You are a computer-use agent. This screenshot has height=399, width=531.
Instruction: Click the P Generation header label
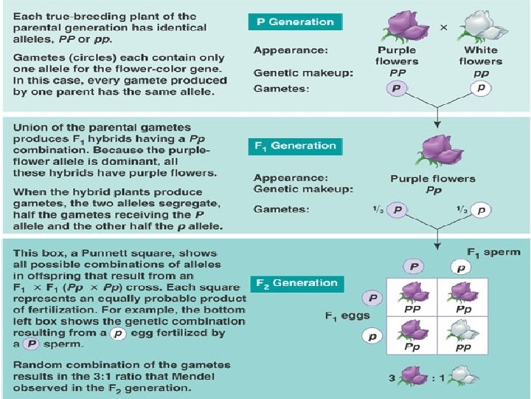pyautogui.click(x=294, y=21)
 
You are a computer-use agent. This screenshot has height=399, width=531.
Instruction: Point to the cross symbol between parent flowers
pyautogui.click(x=443, y=27)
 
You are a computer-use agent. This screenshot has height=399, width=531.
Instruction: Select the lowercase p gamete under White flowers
pyautogui.click(x=480, y=87)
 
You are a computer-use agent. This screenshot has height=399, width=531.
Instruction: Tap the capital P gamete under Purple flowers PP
pyautogui.click(x=398, y=87)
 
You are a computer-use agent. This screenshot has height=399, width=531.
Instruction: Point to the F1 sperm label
pyautogui.click(x=493, y=252)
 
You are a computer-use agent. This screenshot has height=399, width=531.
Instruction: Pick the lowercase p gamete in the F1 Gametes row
pyautogui.click(x=480, y=210)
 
